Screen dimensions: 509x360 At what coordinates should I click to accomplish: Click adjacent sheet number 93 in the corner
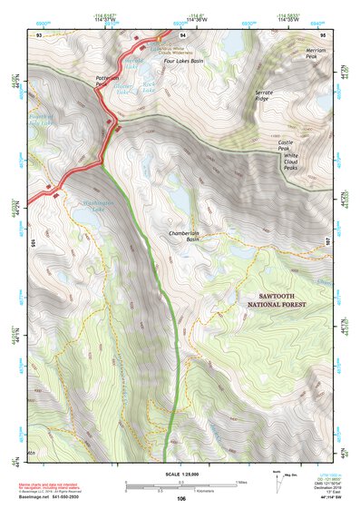(39, 34)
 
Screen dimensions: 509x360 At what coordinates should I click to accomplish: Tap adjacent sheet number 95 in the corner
(322, 34)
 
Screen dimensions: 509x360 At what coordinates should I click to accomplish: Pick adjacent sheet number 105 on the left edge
(32, 243)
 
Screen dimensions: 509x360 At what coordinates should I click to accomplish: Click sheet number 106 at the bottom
(180, 498)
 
